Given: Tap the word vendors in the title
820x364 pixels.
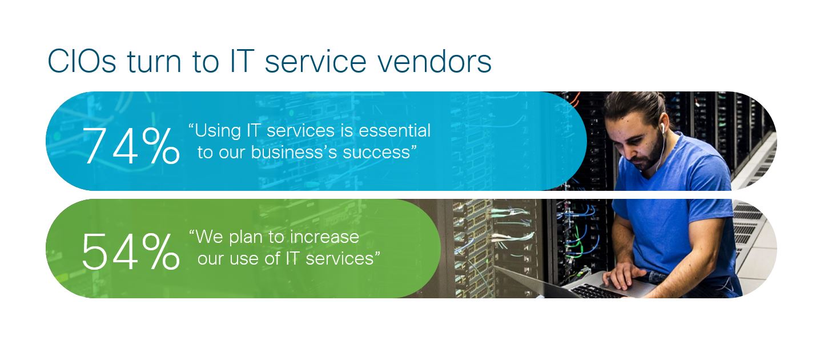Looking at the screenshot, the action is point(435,61).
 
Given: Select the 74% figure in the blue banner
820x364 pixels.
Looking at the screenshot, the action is point(131,146).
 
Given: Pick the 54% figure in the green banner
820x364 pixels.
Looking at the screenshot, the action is point(131,252).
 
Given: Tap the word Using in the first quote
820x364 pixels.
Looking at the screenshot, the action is point(218,131).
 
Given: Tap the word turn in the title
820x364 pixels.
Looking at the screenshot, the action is point(154,61).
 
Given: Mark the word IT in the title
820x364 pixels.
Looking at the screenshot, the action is point(242,61).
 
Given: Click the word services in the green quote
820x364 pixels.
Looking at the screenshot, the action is point(340,258).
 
